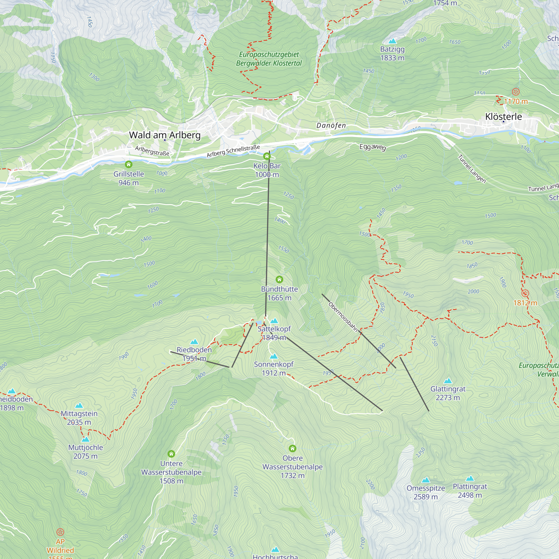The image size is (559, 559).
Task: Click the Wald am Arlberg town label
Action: tap(165, 135)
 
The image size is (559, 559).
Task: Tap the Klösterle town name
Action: tap(503, 117)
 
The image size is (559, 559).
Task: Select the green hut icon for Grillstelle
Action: tap(129, 165)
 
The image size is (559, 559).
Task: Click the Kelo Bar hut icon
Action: tap(267, 157)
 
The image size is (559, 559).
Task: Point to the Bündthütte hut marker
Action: tap(279, 279)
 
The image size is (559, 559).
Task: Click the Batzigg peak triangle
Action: tap(392, 41)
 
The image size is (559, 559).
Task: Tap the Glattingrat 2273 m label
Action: tap(447, 393)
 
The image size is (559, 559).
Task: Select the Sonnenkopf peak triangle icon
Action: tap(273, 356)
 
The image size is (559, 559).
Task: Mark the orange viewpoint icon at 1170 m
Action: tap(516, 92)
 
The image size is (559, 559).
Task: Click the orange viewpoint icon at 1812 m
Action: tap(525, 293)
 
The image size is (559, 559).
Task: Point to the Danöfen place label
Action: tap(331, 125)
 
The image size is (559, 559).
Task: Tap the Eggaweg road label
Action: tap(373, 147)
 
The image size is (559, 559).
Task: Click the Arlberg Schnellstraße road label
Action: tap(233, 151)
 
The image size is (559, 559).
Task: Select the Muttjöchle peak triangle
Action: tap(85, 439)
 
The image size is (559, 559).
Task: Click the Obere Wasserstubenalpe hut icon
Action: tap(293, 449)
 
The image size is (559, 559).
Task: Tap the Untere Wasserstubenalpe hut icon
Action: tap(171, 453)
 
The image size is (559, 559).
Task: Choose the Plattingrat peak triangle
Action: tap(470, 478)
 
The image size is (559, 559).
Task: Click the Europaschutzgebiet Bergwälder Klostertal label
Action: tap(269, 59)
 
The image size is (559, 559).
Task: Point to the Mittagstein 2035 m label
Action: tap(79, 418)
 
